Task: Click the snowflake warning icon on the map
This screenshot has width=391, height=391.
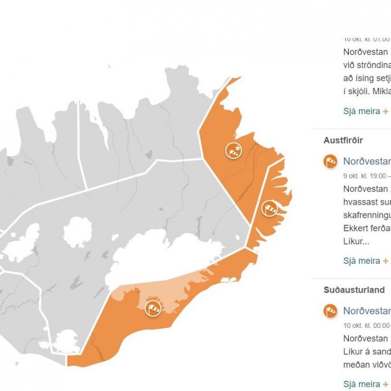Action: tap(234, 150)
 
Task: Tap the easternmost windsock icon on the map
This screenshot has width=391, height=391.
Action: tap(268, 208)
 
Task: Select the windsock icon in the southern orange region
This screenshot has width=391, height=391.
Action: tap(153, 308)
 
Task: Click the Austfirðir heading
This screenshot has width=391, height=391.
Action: tap(343, 140)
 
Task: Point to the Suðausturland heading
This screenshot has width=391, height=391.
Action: tap(354, 290)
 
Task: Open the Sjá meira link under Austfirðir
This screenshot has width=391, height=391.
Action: tap(362, 261)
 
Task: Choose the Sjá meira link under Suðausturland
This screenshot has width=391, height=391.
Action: tap(362, 384)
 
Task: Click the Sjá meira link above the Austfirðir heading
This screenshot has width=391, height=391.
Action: tap(362, 111)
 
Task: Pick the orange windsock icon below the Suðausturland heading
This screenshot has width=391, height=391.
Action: tap(330, 311)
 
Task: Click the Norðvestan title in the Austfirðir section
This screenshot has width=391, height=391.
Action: tap(366, 161)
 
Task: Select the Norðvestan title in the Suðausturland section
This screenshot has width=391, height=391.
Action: tap(366, 311)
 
